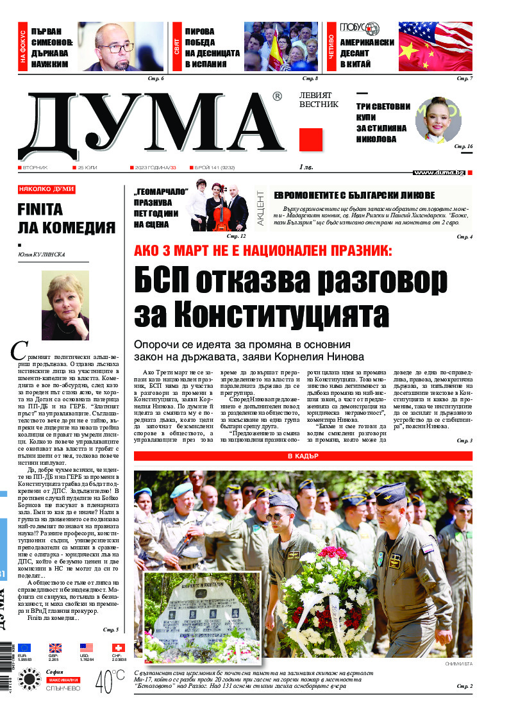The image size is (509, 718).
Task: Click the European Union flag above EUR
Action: pos(24,648)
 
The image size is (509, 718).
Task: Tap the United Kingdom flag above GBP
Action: pos(55,648)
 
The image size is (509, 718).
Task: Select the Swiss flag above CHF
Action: pos(118,648)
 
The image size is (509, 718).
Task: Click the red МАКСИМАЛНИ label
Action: pos(62,679)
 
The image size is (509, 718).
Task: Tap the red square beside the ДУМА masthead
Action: pos(311,139)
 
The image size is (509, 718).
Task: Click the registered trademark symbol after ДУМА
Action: pos(277,97)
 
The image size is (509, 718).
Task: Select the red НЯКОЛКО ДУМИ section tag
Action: pos(47,190)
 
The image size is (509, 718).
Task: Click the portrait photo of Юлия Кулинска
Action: pos(65,305)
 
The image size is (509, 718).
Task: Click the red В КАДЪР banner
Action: pos(303,456)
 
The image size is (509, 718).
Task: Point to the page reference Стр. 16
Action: pos(463,147)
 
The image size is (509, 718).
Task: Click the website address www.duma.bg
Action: pos(438,172)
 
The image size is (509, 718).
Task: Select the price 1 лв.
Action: pos(308,167)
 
